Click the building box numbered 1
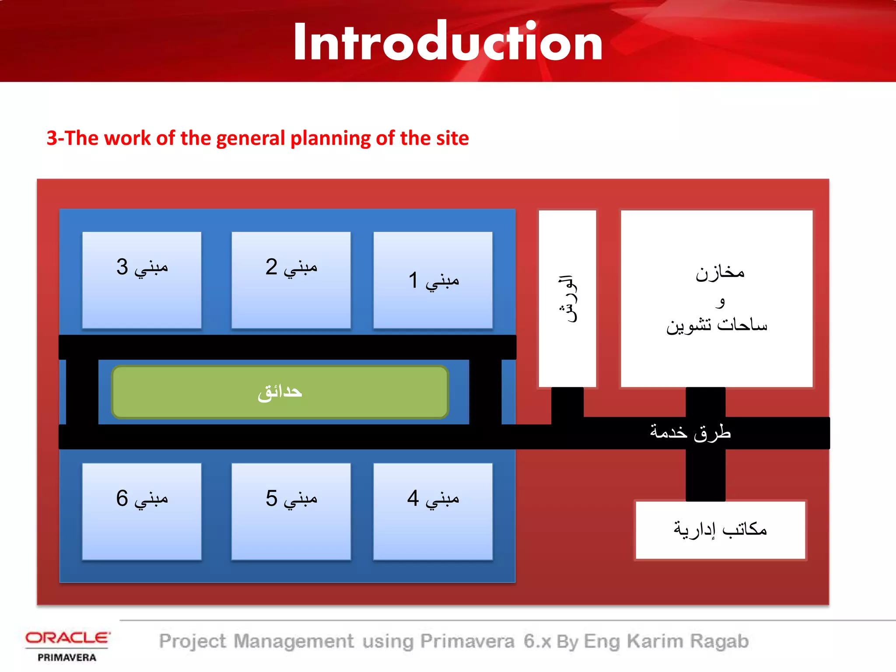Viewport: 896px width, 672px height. [x=433, y=280]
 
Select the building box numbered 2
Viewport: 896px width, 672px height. [x=291, y=280]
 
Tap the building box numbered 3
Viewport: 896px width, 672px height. [x=142, y=280]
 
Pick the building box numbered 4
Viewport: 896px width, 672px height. [x=433, y=511]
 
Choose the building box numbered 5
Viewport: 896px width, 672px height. [x=291, y=511]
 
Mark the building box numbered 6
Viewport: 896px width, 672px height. [x=142, y=511]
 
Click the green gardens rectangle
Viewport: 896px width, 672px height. [x=280, y=392]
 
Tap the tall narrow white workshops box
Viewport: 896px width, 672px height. [x=567, y=299]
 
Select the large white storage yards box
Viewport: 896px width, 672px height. [x=717, y=299]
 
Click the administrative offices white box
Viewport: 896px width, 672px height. [x=720, y=530]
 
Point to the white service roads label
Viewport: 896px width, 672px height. [x=690, y=432]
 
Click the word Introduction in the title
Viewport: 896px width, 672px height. [x=448, y=42]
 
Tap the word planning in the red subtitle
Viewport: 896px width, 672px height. [x=332, y=139]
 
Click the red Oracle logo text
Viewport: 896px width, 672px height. [x=67, y=638]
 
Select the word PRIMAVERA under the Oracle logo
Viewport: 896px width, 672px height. [x=67, y=658]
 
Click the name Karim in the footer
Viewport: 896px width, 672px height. [x=655, y=641]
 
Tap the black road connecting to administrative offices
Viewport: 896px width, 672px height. [x=705, y=475]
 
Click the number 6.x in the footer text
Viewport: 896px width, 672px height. [x=537, y=641]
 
